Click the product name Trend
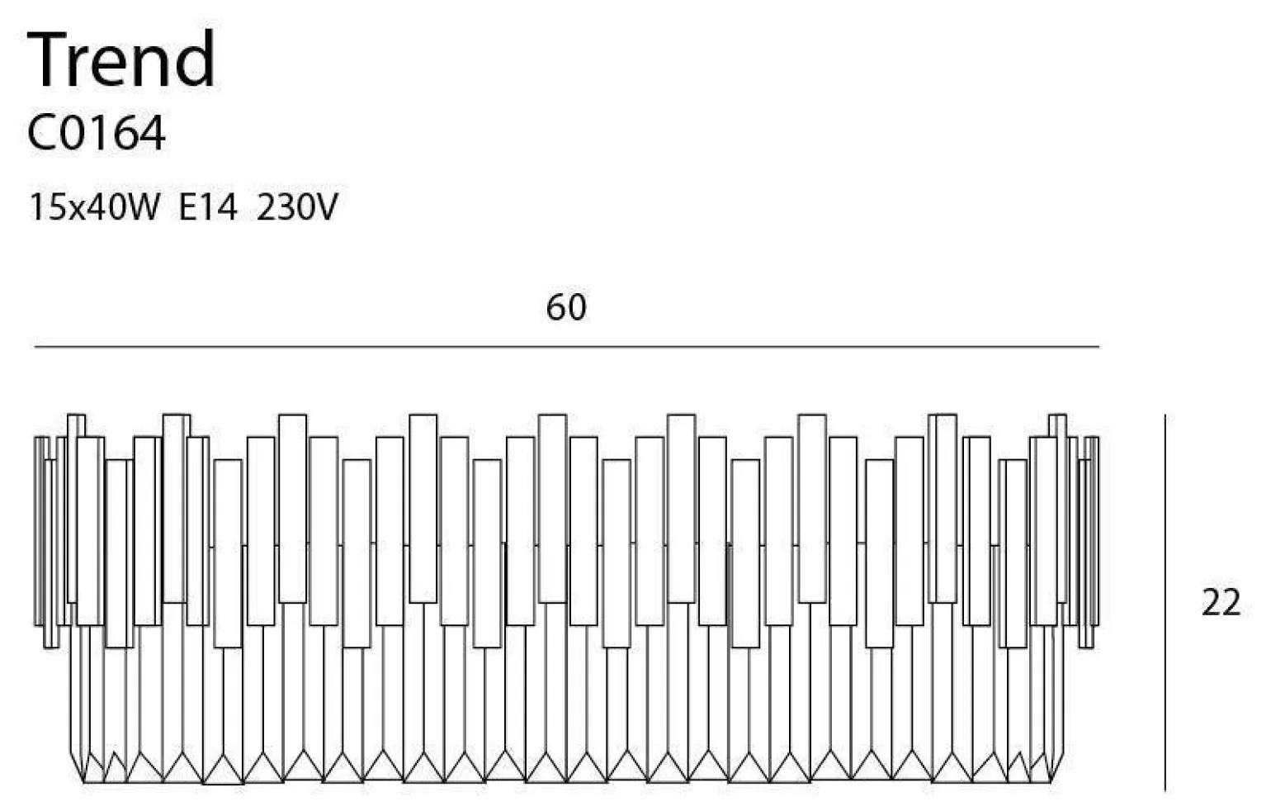pyautogui.click(x=121, y=59)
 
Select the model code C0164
pyautogui.click(x=96, y=133)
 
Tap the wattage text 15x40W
pyautogui.click(x=93, y=206)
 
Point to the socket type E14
pyautogui.click(x=208, y=206)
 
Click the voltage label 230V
pyautogui.click(x=297, y=206)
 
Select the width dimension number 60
pyautogui.click(x=566, y=307)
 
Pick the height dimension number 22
pyautogui.click(x=1221, y=603)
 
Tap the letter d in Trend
pyautogui.click(x=196, y=59)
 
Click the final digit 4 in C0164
pyautogui.click(x=152, y=133)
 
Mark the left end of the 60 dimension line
pyautogui.click(x=35, y=347)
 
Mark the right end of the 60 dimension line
pyautogui.click(x=1099, y=347)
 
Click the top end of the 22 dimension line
pyautogui.click(x=1165, y=415)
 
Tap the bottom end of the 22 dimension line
pyautogui.click(x=1165, y=790)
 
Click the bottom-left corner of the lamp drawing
pyautogui.click(x=83, y=781)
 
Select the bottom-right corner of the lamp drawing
pyautogui.click(x=1051, y=781)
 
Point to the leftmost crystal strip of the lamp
pyautogui.click(x=39, y=530)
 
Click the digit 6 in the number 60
pyautogui.click(x=556, y=307)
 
